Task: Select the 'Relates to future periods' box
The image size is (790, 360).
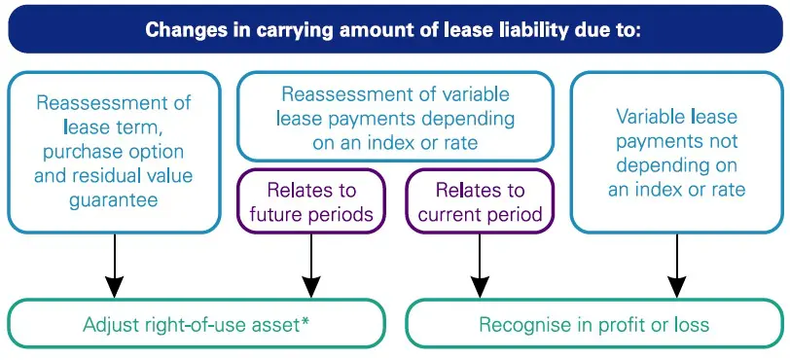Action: [x=310, y=201]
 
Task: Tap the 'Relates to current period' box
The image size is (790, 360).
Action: [x=480, y=201]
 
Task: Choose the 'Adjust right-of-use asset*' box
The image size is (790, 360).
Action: [x=197, y=323]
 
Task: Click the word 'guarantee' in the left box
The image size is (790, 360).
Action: [x=114, y=199]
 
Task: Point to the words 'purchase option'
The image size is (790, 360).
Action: [x=114, y=152]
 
